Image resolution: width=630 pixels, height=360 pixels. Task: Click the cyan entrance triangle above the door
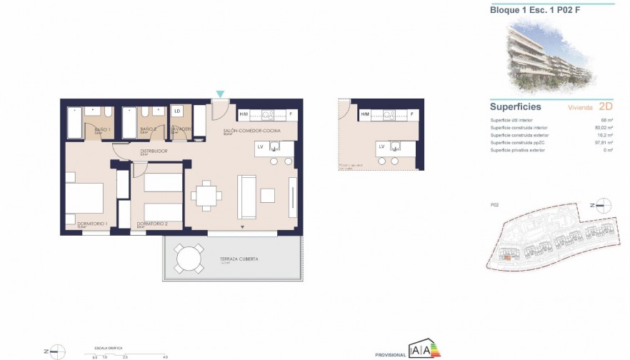(221, 94)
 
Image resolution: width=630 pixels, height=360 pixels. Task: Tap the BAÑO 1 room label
(102, 129)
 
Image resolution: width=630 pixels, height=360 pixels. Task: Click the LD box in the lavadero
(176, 111)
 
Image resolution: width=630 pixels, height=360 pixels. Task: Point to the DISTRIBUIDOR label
(154, 151)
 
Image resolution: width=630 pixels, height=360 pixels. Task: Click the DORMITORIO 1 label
(92, 224)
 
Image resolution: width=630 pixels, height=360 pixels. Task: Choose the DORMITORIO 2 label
(152, 224)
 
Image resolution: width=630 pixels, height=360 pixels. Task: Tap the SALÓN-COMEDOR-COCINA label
(251, 131)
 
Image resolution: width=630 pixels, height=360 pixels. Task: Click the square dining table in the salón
(206, 195)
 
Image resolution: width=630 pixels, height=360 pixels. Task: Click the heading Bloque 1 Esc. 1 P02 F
(527, 10)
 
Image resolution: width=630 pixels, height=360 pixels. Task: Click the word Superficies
(515, 106)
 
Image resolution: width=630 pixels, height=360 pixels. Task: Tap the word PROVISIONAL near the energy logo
(391, 354)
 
